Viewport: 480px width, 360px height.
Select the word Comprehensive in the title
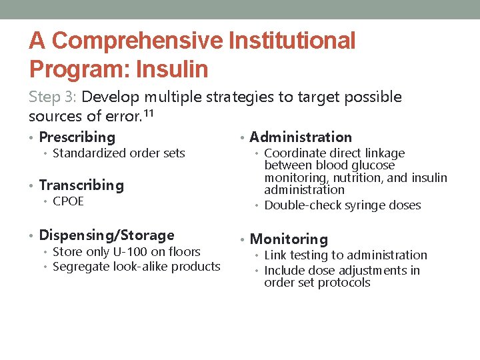[138, 41]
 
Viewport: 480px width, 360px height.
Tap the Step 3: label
[53, 97]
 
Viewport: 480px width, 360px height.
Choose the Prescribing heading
[77, 137]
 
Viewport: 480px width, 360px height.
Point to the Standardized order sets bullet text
[119, 153]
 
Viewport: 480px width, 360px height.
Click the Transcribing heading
[81, 185]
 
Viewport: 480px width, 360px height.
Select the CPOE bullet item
[68, 201]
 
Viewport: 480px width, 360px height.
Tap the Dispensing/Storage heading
[107, 235]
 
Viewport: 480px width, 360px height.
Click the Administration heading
[300, 137]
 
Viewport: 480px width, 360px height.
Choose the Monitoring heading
[289, 239]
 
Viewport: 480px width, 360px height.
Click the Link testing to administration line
[345, 255]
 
